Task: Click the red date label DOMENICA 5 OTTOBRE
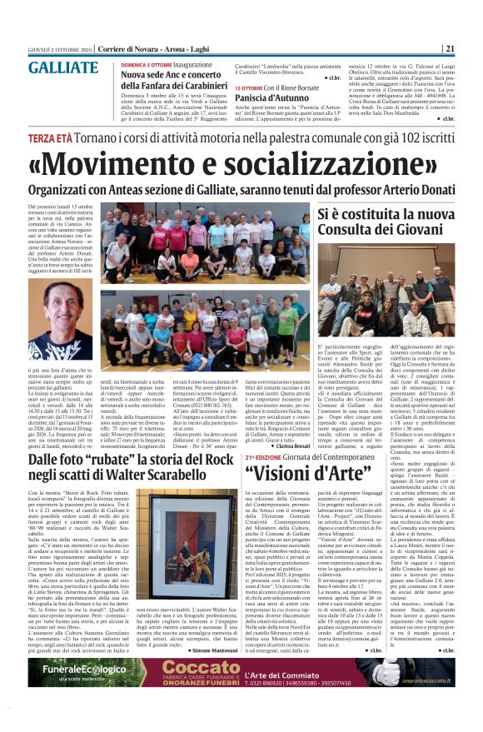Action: click(x=147, y=64)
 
